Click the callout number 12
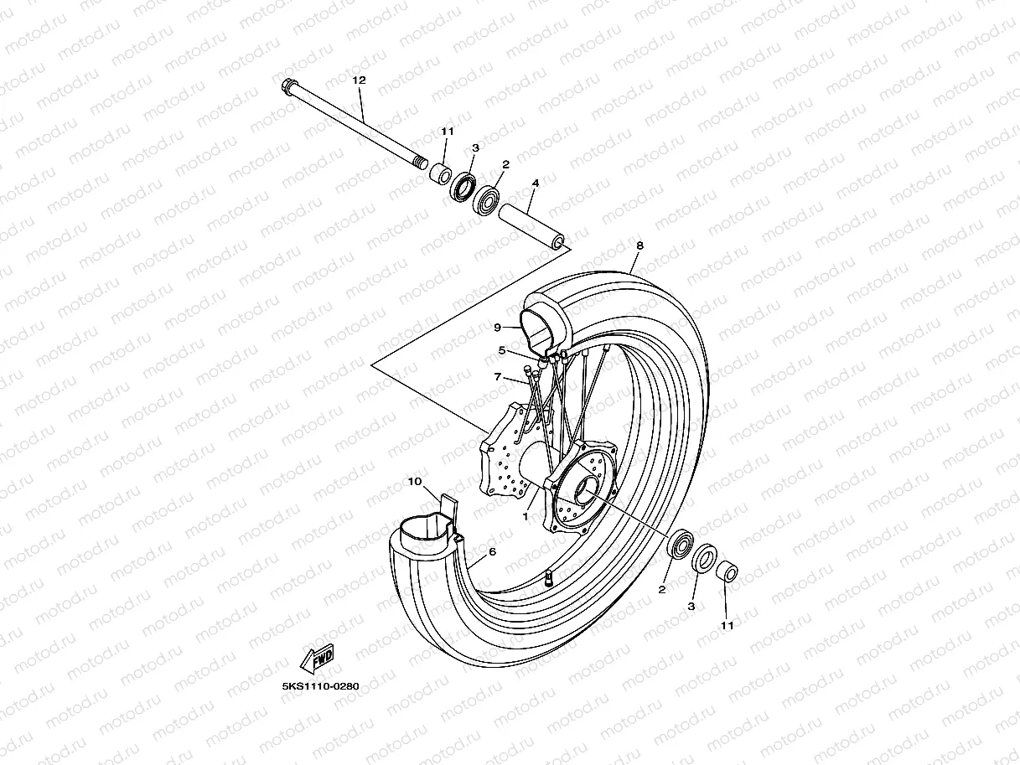[x=360, y=80]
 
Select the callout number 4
[x=535, y=183]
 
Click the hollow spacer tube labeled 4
[x=532, y=225]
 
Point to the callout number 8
[x=639, y=246]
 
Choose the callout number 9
[x=497, y=328]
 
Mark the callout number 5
[x=502, y=350]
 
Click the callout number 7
[x=497, y=378]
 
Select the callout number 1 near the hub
[x=526, y=516]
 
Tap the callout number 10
[x=414, y=482]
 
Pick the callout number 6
[x=492, y=551]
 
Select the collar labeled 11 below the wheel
[x=726, y=573]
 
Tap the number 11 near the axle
[x=447, y=132]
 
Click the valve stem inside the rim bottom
[x=548, y=577]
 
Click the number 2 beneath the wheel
[x=662, y=590]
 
